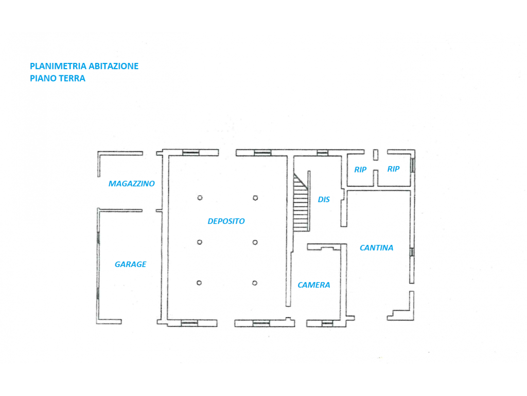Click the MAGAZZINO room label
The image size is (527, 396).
(131, 184)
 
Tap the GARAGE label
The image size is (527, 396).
(130, 265)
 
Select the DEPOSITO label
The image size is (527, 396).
(226, 221)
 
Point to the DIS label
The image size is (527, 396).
(324, 200)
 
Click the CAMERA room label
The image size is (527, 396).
(314, 285)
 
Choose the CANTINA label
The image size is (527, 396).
(376, 248)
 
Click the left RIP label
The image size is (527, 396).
(360, 169)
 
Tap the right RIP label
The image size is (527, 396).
(393, 169)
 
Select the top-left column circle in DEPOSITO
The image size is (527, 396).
(200, 197)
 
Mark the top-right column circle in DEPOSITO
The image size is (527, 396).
(255, 198)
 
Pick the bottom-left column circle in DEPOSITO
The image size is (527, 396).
(199, 283)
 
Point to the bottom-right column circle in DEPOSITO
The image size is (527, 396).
(255, 283)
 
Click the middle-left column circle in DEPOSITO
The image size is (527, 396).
(200, 242)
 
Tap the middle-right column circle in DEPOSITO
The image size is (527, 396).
(255, 242)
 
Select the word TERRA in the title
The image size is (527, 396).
(72, 78)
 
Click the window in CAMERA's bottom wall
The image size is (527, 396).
(327, 324)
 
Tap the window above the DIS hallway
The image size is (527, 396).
(323, 153)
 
